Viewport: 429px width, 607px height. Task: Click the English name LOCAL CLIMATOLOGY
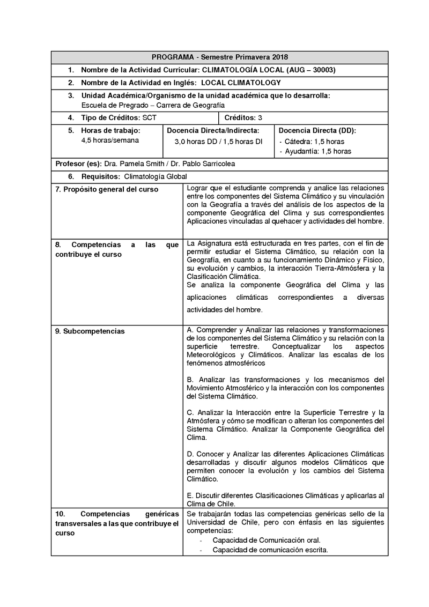pyautogui.click(x=240, y=83)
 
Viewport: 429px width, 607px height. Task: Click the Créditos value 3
pyautogui.click(x=260, y=117)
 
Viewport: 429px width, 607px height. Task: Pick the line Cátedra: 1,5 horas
pyautogui.click(x=314, y=142)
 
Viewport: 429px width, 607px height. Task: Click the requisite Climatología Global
pyautogui.click(x=156, y=176)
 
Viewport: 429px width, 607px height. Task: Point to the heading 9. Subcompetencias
pyautogui.click(x=90, y=331)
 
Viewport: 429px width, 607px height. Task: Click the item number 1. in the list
pyautogui.click(x=71, y=70)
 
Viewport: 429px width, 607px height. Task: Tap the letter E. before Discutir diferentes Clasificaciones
pyautogui.click(x=190, y=495)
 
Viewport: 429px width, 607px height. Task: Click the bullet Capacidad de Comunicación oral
pyautogui.click(x=267, y=540)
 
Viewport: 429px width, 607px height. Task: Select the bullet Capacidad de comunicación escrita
pyautogui.click(x=270, y=550)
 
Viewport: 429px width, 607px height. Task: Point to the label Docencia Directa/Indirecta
pyautogui.click(x=213, y=130)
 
